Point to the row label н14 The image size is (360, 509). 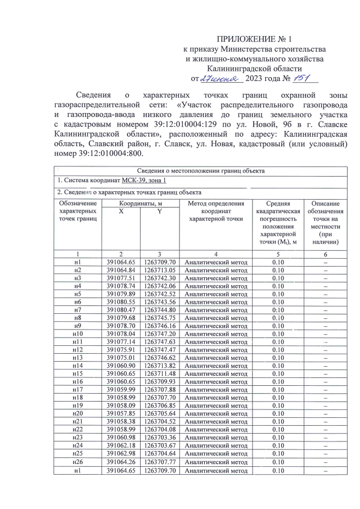(78, 365)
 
